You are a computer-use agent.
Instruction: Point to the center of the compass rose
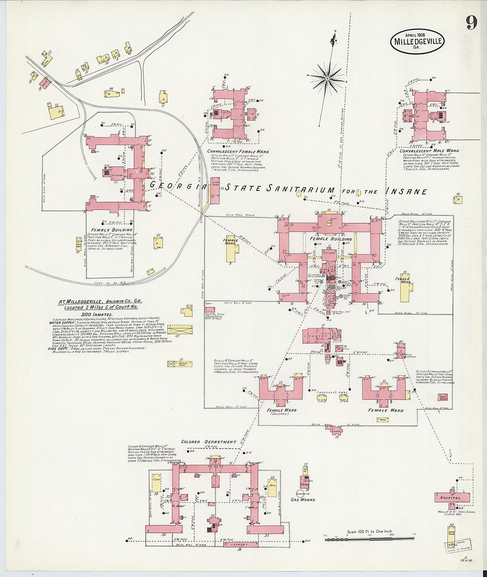point(327,78)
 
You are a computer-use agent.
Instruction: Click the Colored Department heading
point(209,442)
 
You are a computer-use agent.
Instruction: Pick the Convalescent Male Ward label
point(429,151)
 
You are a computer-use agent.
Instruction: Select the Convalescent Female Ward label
point(238,151)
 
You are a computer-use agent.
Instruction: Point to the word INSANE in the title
point(406,191)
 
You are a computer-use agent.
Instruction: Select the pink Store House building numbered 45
point(215,190)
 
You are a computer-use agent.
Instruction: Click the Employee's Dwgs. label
point(330,392)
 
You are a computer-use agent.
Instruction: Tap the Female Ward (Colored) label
point(282,412)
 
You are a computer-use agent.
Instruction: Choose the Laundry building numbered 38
point(239,545)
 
